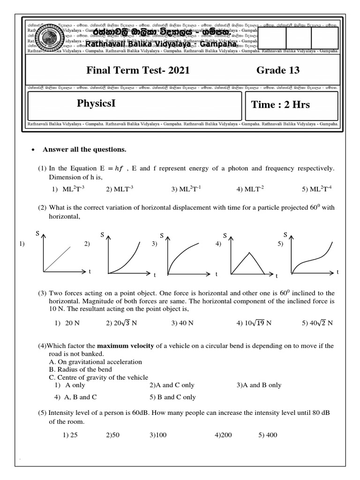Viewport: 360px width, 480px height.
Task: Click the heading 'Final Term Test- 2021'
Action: click(138, 70)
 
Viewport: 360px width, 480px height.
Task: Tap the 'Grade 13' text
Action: click(277, 70)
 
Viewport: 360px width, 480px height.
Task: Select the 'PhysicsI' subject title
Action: click(96, 104)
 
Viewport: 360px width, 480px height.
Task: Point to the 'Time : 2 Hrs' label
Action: click(280, 105)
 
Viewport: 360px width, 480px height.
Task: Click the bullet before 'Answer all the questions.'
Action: click(33, 150)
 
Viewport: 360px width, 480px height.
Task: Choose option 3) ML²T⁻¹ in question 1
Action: click(186, 189)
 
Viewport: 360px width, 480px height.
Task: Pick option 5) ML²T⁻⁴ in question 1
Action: click(317, 189)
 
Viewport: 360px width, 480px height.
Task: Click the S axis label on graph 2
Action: click(102, 234)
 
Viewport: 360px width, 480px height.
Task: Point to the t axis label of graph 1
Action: click(89, 271)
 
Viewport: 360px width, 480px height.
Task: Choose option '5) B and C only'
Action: click(172, 397)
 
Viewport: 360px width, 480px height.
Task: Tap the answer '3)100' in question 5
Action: click(158, 435)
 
